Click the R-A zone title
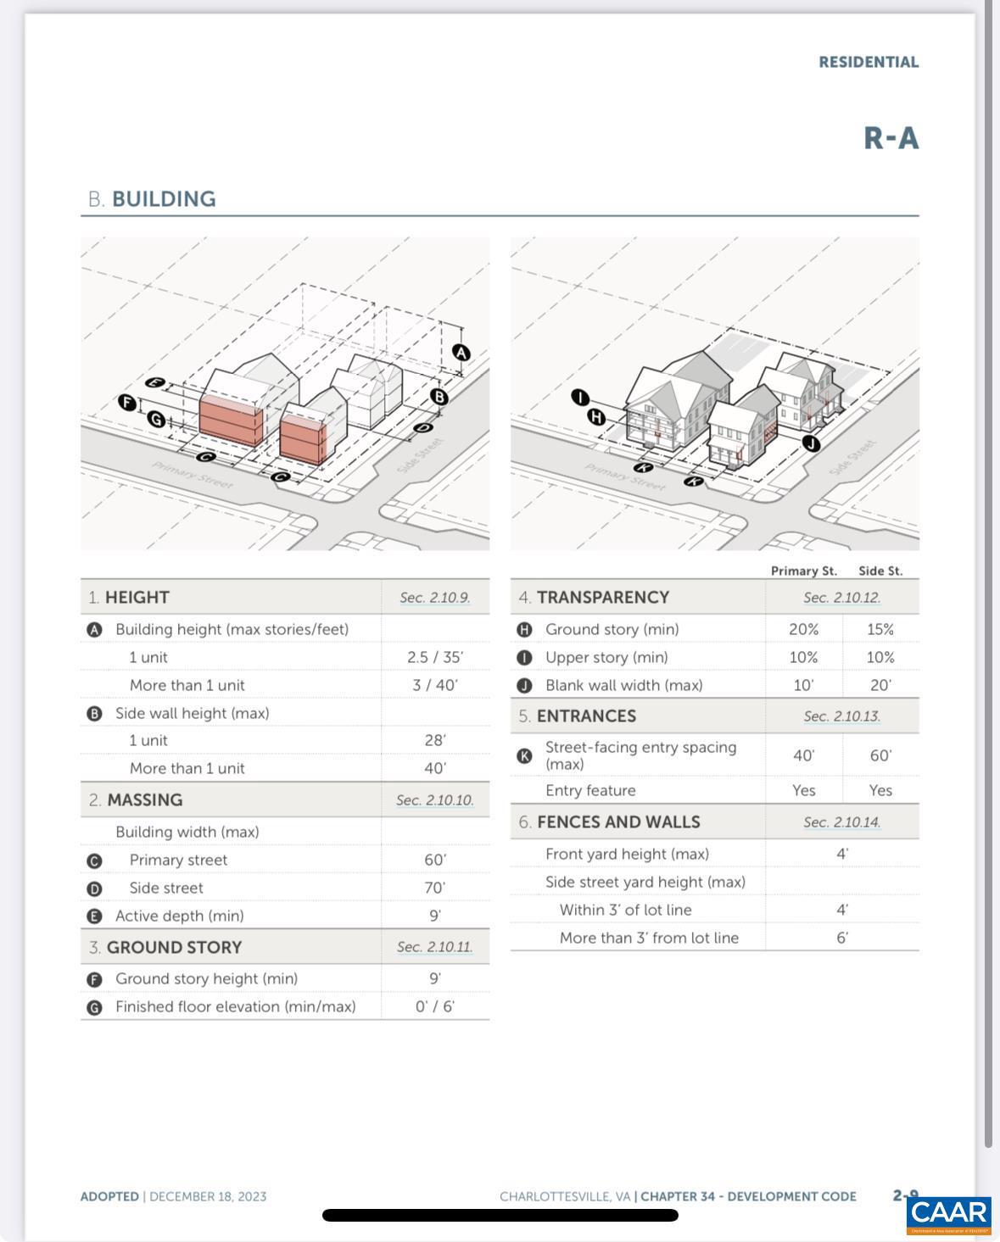[x=891, y=138]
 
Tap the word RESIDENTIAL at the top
[x=868, y=62]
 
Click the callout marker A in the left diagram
[x=461, y=352]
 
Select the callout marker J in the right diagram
[x=811, y=443]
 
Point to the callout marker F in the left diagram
[x=127, y=403]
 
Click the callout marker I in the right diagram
[x=579, y=397]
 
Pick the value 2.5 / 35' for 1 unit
[x=434, y=657]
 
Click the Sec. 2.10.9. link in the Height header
[x=434, y=598]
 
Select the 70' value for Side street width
[x=434, y=888]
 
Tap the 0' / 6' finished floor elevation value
[x=434, y=1006]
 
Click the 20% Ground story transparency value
[x=803, y=629]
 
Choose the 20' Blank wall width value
[x=880, y=685]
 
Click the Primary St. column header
[x=803, y=571]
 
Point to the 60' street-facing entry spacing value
[x=880, y=755]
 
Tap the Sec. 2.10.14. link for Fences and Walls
[x=841, y=822]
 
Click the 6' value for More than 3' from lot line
[x=841, y=938]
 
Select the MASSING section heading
[x=144, y=800]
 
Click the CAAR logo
[x=948, y=1212]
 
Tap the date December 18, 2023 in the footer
[x=208, y=1196]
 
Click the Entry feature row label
[x=590, y=790]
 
